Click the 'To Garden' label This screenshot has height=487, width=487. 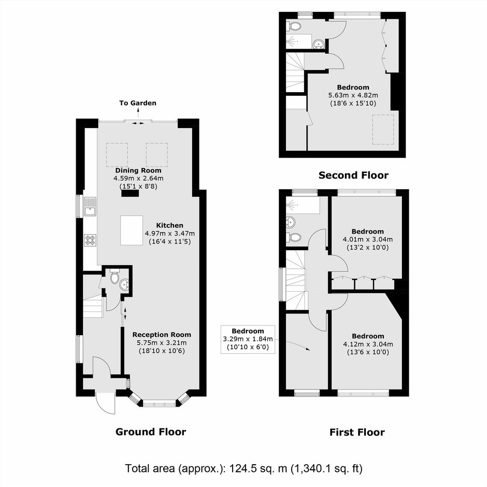pos(138,103)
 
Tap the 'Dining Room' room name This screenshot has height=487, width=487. pos(138,170)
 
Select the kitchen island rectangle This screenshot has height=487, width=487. pos(132,231)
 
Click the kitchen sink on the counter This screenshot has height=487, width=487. pos(90,207)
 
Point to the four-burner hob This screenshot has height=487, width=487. pos(90,240)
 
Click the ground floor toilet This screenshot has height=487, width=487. pos(114,276)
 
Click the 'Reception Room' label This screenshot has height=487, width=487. pos(162,335)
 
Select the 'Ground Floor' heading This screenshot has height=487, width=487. pos(151,432)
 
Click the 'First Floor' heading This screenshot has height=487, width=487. pos(357,432)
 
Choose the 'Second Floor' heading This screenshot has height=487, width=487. pos(353,175)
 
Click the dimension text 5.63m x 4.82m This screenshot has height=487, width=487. pos(353,95)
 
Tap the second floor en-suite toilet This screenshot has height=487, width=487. pos(294,26)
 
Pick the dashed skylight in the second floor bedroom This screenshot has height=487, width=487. pos(383,130)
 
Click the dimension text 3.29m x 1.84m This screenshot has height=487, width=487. pos(248,339)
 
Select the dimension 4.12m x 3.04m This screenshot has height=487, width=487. pos(368,344)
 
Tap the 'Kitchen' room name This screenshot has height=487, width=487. pos(169,225)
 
